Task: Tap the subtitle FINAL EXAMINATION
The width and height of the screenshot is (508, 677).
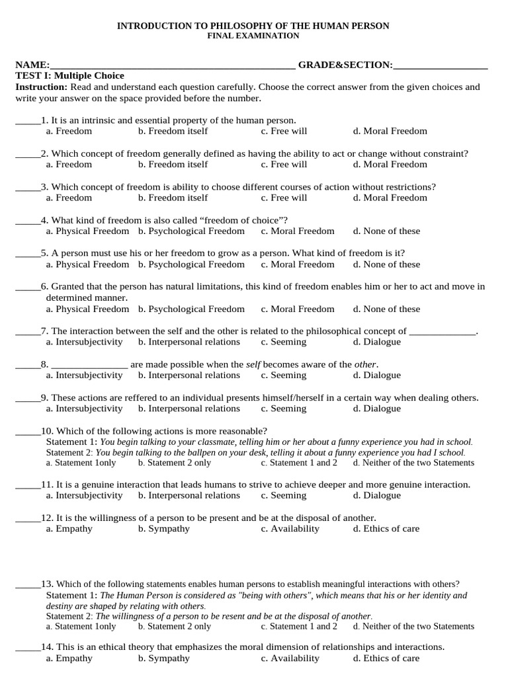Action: (253, 36)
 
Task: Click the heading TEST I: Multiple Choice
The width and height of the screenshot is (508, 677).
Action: (69, 76)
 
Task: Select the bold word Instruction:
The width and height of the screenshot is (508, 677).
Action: (41, 87)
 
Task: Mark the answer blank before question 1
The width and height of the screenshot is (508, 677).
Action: (27, 121)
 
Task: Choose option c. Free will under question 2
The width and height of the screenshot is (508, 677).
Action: (284, 164)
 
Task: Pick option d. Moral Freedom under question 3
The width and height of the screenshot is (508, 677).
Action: (390, 198)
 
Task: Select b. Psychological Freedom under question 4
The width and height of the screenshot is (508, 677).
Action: (191, 231)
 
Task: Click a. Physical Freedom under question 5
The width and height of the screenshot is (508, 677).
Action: (87, 264)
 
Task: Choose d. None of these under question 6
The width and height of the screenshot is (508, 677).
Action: (386, 309)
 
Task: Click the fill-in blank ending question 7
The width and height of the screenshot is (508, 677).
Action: (442, 332)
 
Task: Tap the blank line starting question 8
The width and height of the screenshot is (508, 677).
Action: (89, 365)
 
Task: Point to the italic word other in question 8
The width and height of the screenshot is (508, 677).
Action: (365, 364)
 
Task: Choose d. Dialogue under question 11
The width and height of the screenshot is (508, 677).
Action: (376, 495)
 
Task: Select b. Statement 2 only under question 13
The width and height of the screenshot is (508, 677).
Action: (175, 626)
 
